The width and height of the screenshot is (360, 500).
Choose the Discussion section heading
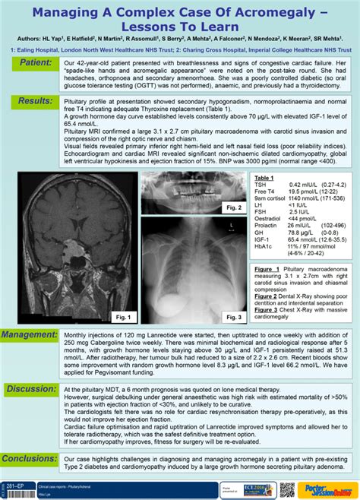point(31,389)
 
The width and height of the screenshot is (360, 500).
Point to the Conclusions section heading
point(31,458)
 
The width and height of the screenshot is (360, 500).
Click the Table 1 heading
point(264,176)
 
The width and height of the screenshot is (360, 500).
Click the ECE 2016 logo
point(261,486)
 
